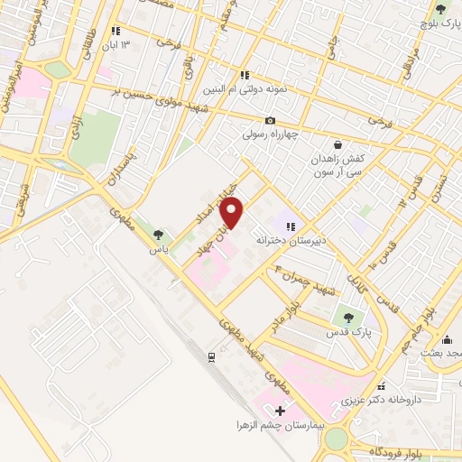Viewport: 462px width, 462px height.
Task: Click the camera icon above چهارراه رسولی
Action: [x=270, y=121]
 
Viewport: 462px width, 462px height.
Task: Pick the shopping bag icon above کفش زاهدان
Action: [x=337, y=144]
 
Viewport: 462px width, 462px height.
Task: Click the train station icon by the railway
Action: [x=210, y=356]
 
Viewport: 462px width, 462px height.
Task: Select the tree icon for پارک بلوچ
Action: [x=440, y=9]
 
